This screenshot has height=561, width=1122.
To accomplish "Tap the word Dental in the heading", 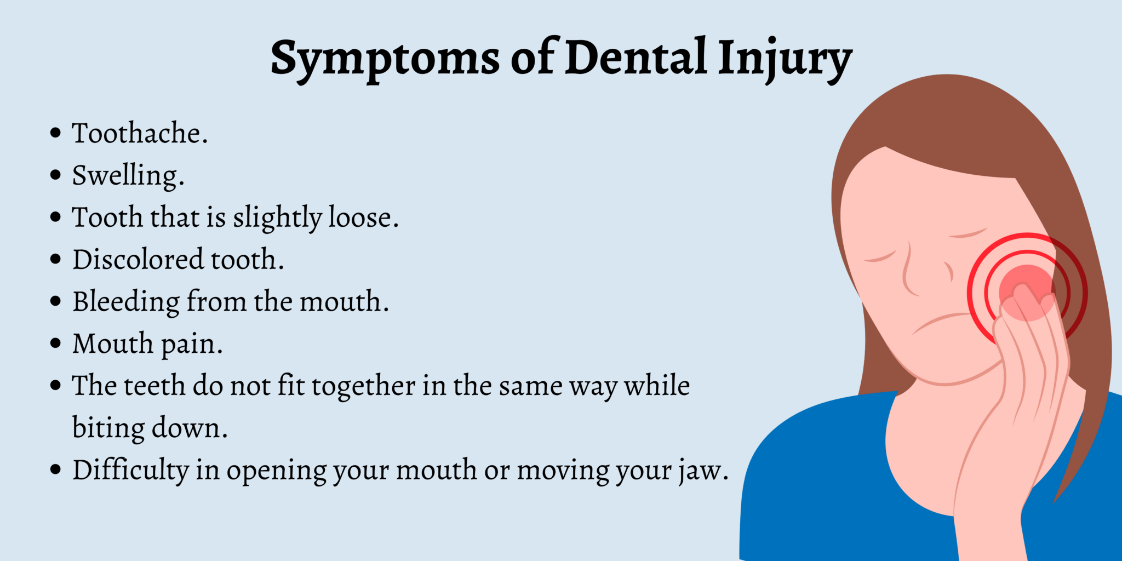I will [636, 58].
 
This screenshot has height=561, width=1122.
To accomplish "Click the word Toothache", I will [140, 134].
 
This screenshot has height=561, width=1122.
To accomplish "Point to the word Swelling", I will [128, 176].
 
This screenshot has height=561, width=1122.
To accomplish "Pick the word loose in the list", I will [363, 217].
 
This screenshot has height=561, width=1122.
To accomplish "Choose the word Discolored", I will [138, 260].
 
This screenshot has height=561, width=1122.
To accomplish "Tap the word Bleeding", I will [126, 302].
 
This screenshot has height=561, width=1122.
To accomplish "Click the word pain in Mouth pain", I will [192, 345].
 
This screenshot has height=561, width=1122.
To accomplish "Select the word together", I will [364, 386].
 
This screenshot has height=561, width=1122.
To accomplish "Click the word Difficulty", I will [131, 470].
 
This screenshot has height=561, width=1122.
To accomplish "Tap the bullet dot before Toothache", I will [55, 133].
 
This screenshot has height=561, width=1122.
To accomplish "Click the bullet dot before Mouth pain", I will [55, 344].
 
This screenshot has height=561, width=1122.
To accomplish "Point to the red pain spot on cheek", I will [1026, 291].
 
